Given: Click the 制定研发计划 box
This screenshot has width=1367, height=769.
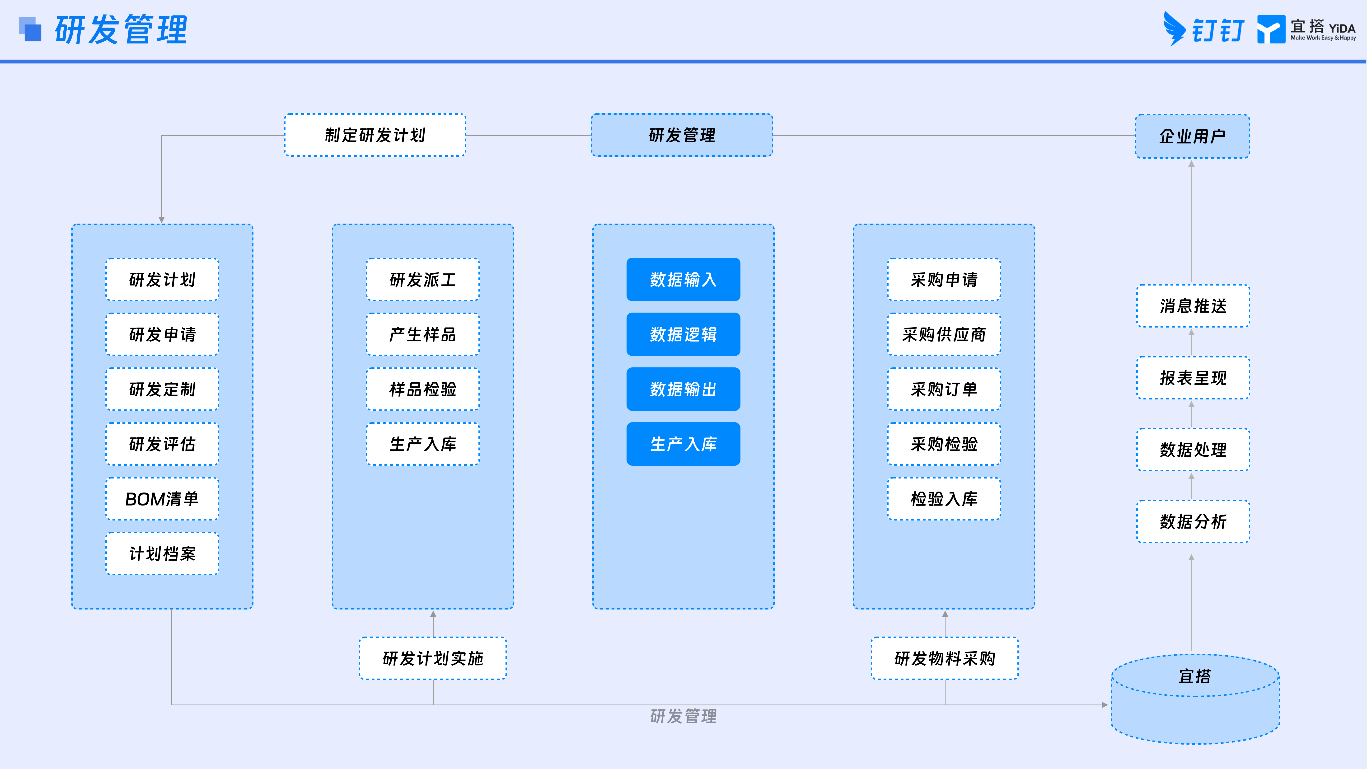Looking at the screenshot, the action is point(375,135).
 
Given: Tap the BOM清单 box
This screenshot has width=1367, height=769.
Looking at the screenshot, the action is point(162,499).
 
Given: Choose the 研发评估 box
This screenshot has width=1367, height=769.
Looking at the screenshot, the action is point(162,444).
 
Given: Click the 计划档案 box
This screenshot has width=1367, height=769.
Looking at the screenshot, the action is point(162,553).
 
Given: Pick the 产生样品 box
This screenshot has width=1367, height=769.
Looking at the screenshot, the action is point(422,334).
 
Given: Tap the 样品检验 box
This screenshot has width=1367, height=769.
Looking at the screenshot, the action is point(422,389).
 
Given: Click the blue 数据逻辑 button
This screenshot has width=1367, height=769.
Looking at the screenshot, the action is point(683,334).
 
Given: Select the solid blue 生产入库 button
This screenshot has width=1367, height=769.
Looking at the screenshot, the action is point(683,444).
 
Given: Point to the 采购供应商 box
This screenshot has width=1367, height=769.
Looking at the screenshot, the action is point(944,334).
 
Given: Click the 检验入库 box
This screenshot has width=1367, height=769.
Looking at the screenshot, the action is point(944,499).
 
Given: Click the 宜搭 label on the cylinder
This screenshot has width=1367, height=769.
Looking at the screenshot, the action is point(1194,676).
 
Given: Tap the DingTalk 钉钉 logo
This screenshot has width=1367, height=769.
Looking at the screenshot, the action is point(1203,29).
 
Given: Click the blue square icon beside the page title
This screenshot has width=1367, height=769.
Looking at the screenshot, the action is point(30,29).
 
